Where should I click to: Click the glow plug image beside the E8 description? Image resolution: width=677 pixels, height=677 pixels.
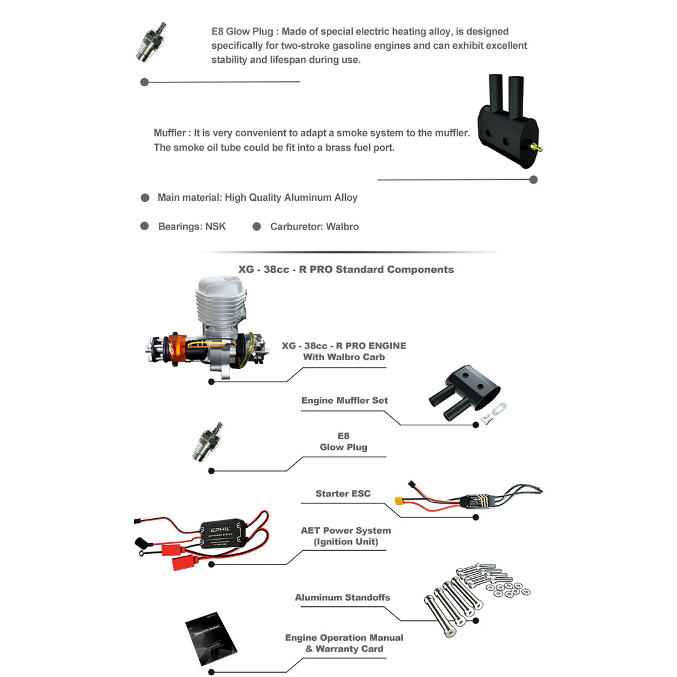click(151, 42)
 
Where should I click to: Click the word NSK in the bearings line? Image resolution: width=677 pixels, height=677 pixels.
click(215, 226)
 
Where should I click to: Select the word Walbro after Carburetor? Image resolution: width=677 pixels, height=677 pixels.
click(342, 226)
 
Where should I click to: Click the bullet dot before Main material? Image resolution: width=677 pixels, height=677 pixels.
click(145, 198)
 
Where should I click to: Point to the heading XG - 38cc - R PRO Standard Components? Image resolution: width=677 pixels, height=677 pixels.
click(346, 270)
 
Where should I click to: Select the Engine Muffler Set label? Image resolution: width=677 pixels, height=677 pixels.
click(344, 401)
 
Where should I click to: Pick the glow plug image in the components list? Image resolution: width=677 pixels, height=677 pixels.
click(207, 442)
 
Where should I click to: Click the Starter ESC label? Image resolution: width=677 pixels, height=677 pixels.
click(343, 494)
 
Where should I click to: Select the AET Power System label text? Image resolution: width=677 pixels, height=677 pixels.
click(345, 531)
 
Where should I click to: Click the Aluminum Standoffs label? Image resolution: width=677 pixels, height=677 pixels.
click(342, 598)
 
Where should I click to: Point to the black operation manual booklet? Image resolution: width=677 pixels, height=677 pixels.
click(211, 639)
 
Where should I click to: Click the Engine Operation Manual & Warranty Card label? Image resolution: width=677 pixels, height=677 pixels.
click(344, 643)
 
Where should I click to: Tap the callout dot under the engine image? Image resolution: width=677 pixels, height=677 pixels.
click(211, 382)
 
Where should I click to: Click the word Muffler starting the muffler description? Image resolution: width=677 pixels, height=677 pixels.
click(169, 133)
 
